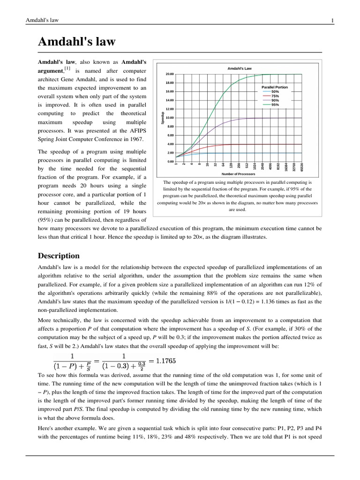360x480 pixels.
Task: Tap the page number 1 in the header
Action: [x=332, y=20]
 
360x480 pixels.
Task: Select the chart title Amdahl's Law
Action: [x=240, y=68]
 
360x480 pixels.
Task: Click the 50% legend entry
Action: [x=275, y=92]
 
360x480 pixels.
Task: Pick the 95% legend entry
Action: [x=275, y=105]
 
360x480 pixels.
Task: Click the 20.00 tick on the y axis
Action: [x=169, y=74]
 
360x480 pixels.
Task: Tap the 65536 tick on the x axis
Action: [x=302, y=167]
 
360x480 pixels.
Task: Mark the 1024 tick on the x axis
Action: [x=255, y=166]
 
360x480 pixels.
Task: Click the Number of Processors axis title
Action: [x=239, y=174]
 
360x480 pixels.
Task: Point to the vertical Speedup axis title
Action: [x=163, y=118]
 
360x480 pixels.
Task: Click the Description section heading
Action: [x=59, y=256]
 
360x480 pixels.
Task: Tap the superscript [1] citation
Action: [x=67, y=69]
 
